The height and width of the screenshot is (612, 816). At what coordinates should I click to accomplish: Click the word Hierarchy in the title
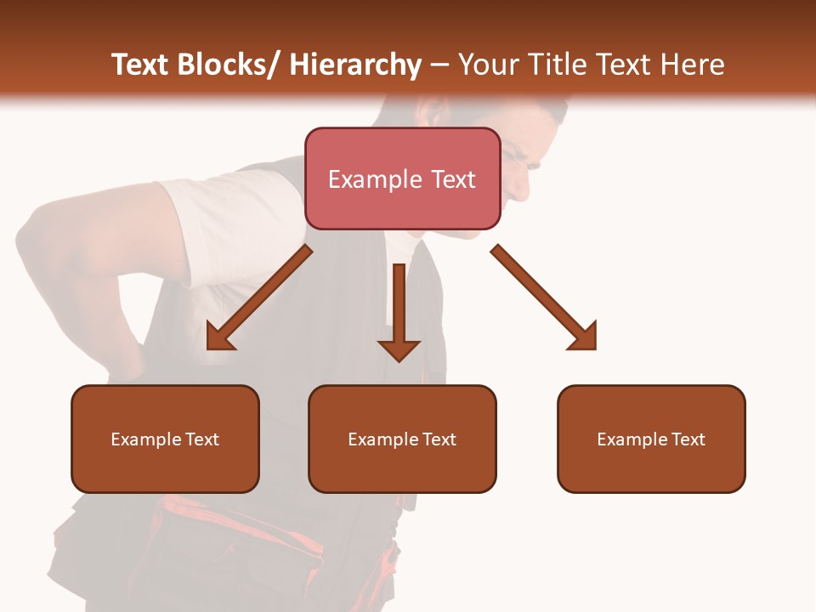(x=355, y=65)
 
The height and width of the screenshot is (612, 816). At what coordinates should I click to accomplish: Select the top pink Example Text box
(x=402, y=178)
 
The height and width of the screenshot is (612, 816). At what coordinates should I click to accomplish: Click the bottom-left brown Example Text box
(x=165, y=439)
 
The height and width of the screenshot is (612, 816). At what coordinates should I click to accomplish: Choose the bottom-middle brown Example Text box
(x=402, y=439)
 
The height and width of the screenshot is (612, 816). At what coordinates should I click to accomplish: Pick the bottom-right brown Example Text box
(x=651, y=439)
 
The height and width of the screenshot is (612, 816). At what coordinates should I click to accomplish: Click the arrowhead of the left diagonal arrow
(x=219, y=337)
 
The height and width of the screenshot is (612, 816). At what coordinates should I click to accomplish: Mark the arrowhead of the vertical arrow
(x=399, y=349)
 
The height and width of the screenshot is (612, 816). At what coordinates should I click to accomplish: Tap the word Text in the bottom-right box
(x=688, y=439)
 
